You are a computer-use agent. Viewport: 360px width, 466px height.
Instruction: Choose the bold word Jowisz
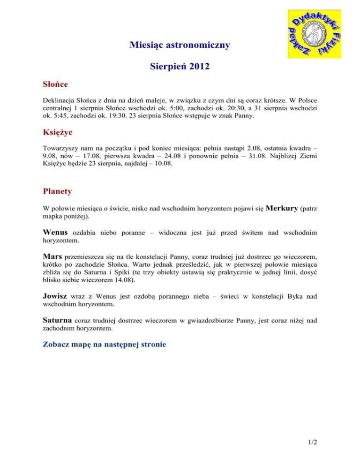pos(58,297)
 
